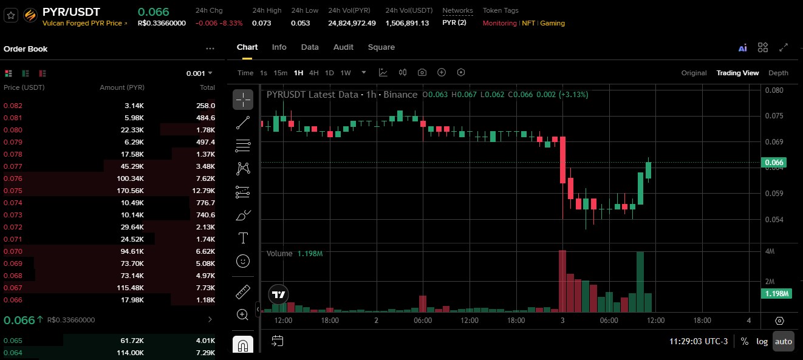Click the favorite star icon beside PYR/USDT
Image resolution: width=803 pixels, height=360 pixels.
(11, 15)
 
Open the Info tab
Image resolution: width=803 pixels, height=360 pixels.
(279, 47)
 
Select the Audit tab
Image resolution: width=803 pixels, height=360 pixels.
(343, 47)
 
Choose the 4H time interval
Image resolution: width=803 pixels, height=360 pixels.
(313, 73)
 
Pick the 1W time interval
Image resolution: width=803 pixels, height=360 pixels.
(345, 73)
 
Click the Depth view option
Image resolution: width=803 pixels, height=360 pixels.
(778, 73)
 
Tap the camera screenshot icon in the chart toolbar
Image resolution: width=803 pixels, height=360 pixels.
(422, 73)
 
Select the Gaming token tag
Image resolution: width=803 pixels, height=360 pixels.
(552, 23)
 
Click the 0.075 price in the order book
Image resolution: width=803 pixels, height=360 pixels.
(13, 191)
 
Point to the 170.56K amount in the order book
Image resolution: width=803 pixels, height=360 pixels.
(130, 191)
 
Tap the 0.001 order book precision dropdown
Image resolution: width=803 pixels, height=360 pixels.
(199, 73)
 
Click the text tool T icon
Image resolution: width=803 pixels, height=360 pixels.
(243, 238)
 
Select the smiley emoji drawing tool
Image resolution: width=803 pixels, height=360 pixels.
(243, 261)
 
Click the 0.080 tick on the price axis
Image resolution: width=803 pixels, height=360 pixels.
(774, 90)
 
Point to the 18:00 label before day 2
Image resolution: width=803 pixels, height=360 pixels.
(330, 321)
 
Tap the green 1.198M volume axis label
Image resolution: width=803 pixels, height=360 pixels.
(776, 294)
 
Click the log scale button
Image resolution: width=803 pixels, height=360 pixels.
(762, 341)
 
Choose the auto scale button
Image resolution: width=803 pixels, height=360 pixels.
(784, 341)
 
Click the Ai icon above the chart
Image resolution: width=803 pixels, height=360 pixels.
(742, 48)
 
